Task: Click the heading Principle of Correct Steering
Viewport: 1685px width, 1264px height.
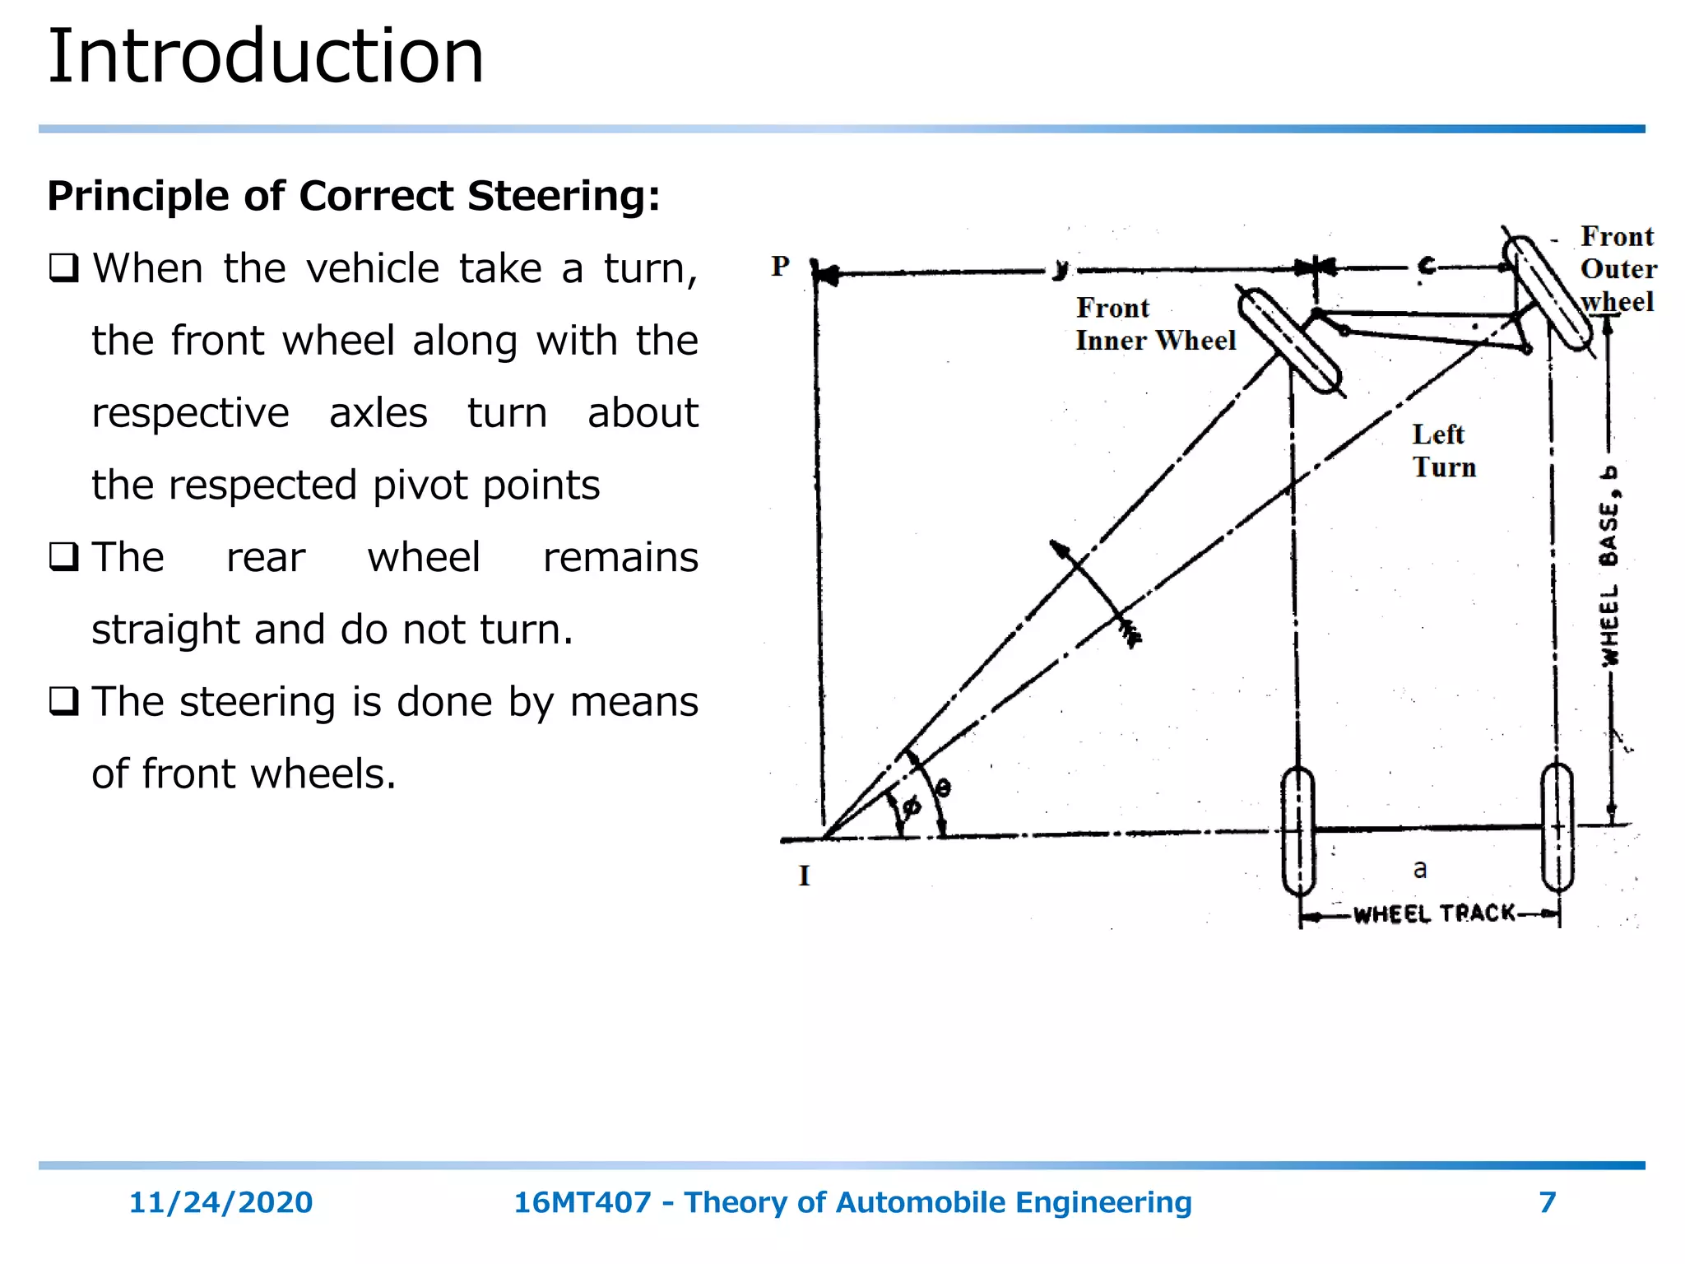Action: click(353, 196)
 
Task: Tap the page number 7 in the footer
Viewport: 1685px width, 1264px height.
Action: click(1547, 1202)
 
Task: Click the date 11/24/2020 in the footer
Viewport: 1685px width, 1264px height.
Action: click(220, 1202)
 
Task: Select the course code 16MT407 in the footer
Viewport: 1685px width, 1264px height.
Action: click(582, 1202)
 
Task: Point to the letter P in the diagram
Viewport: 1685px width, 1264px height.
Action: click(780, 266)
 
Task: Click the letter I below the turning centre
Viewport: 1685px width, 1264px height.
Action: click(804, 876)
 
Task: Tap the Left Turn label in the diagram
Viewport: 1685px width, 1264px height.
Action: click(1443, 450)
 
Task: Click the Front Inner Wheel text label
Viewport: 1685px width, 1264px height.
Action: click(1154, 324)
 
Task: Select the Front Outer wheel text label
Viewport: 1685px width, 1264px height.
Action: click(1617, 268)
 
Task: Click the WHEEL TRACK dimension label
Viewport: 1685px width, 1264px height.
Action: click(1434, 913)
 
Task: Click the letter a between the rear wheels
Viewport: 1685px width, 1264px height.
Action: click(1420, 869)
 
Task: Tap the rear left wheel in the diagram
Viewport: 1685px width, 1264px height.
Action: click(1298, 831)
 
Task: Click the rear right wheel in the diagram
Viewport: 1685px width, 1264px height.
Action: click(1557, 827)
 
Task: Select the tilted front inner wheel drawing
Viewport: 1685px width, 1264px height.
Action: click(1289, 341)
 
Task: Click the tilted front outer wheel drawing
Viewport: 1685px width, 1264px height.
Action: click(1547, 292)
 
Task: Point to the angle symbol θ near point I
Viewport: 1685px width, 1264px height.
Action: click(943, 788)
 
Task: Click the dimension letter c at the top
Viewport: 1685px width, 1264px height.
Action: click(1426, 267)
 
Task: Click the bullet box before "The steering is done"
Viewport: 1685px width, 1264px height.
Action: click(63, 702)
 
